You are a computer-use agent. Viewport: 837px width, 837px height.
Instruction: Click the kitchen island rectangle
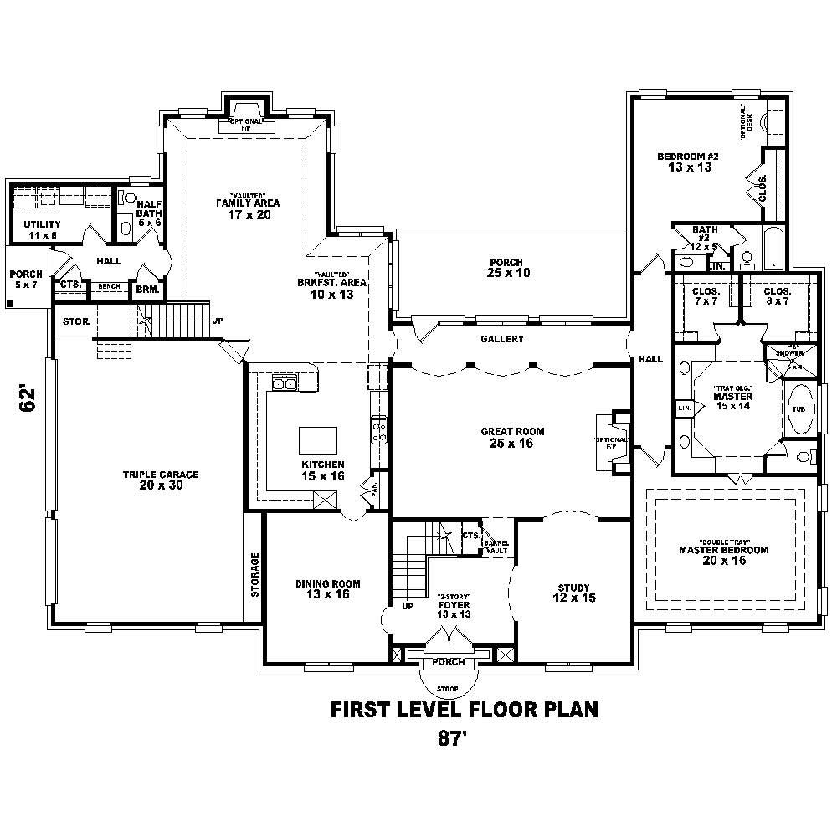point(318,440)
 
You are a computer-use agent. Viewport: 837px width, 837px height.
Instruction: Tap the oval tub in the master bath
point(799,409)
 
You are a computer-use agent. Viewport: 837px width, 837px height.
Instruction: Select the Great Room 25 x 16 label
point(512,438)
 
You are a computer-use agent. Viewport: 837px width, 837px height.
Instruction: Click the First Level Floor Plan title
point(465,710)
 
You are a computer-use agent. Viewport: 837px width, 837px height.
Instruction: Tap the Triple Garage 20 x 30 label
point(161,480)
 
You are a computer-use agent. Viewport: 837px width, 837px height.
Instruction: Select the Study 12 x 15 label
point(573,593)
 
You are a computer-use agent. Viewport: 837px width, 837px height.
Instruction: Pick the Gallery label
point(502,339)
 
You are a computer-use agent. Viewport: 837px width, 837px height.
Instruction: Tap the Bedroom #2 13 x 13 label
point(689,162)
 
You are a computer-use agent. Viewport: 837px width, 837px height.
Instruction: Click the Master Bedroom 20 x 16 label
point(723,556)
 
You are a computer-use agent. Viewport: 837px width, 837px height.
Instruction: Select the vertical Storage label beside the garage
point(255,574)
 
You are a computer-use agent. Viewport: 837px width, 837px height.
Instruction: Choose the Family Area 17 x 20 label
point(247,208)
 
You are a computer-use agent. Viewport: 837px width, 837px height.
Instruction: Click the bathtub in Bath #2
point(775,247)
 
